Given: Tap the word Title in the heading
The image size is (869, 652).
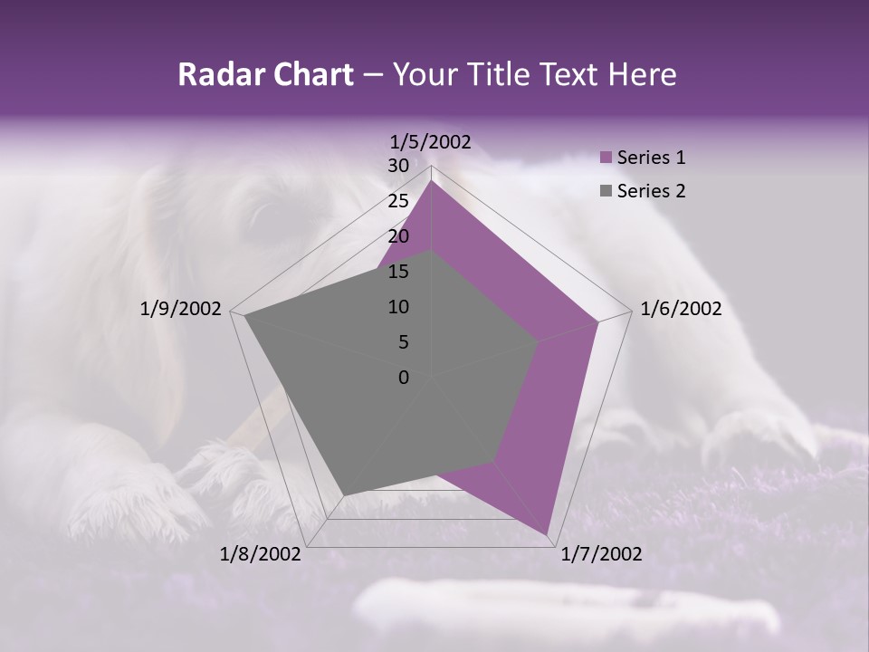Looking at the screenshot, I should [x=501, y=74].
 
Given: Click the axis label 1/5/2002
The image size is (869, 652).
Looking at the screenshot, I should [x=431, y=141].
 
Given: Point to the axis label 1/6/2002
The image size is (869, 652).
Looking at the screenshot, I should [x=681, y=309].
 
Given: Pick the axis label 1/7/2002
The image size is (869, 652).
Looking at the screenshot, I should [x=601, y=554].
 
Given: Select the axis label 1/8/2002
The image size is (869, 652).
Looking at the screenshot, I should [x=261, y=554].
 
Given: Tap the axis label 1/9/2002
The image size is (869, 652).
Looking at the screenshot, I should [x=181, y=309].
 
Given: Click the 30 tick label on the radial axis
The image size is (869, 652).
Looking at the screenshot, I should [x=398, y=166].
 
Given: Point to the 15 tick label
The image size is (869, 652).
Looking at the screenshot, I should [x=398, y=272].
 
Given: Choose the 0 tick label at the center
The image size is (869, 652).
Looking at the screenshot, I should [x=404, y=378].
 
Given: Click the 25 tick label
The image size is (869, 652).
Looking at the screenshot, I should [x=398, y=201].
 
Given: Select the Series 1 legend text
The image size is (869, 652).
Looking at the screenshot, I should [x=651, y=158].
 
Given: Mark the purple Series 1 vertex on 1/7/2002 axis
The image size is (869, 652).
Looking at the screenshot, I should [x=547, y=533].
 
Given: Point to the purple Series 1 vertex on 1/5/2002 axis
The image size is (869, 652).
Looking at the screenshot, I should [x=432, y=180].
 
